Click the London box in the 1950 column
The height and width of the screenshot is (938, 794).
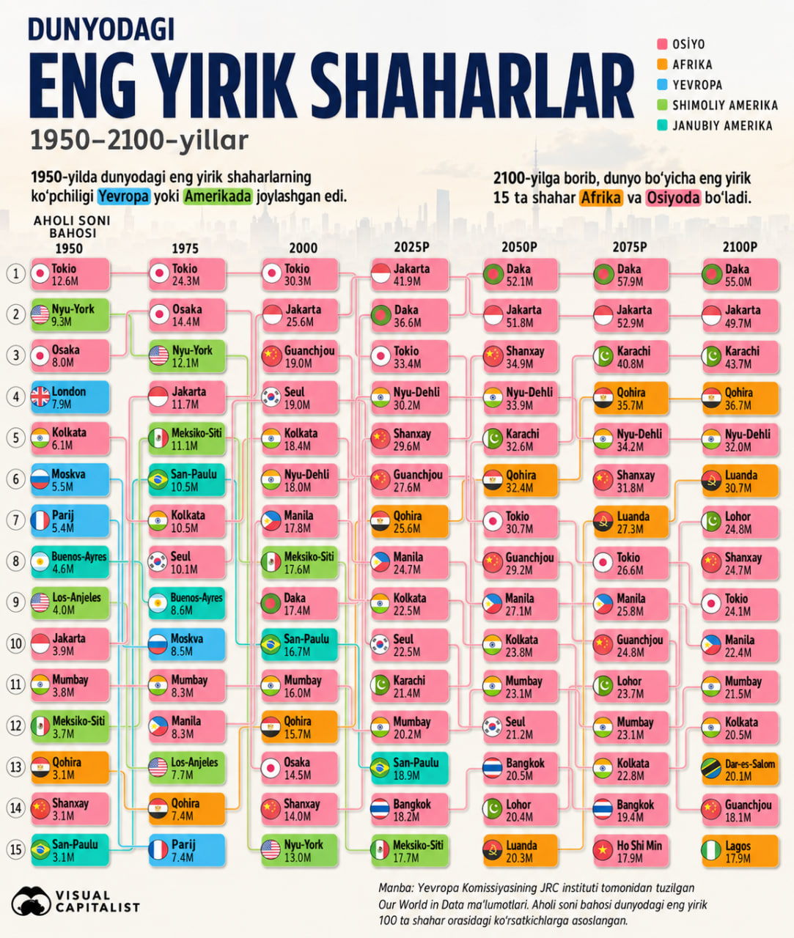coord(70,397)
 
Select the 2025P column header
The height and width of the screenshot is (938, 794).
coord(411,247)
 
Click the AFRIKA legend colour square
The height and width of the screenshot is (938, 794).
coord(662,64)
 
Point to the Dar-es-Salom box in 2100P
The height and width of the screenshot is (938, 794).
coord(740,769)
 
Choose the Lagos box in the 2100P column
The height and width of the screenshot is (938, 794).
coord(740,851)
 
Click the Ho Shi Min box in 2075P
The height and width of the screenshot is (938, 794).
coord(631,851)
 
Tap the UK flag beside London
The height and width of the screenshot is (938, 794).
coord(40,397)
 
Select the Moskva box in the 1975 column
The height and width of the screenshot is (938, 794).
coord(187,644)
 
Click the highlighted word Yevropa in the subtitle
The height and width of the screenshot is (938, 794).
coord(123,196)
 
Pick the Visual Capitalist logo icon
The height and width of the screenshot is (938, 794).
coord(31,901)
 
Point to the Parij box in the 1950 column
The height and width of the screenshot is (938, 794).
coord(70,521)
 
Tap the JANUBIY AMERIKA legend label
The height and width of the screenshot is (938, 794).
coord(722,126)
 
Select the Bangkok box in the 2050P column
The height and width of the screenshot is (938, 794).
coord(521,769)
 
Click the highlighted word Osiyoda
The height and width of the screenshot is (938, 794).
coord(674,198)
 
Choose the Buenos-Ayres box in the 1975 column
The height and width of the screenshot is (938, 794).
coord(187,603)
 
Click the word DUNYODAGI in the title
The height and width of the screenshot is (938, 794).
coord(101,29)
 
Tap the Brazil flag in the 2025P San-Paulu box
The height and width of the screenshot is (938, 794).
coord(381,769)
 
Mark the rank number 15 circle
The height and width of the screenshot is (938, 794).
coord(15,849)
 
